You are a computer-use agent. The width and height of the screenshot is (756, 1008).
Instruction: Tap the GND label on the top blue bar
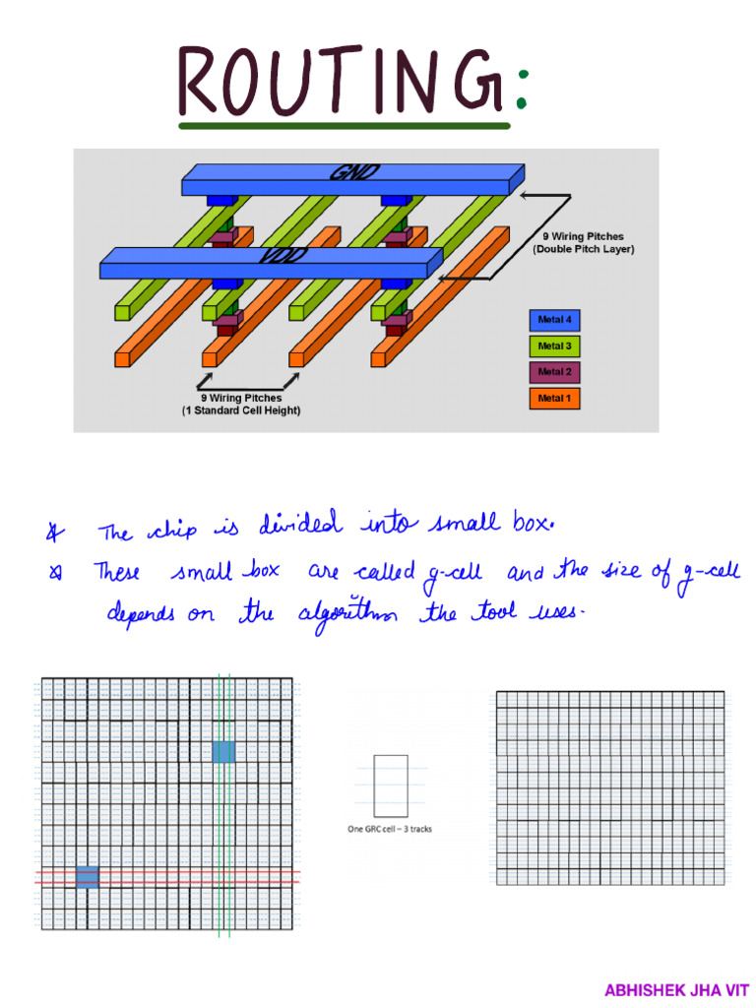tap(352, 174)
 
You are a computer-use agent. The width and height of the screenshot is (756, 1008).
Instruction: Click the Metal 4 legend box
tap(553, 320)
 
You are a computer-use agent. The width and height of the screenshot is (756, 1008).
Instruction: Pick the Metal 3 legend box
tap(553, 346)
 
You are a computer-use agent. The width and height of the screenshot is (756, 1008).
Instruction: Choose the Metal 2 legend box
tap(553, 372)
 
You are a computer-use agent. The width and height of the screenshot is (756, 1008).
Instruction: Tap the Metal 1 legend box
tap(553, 399)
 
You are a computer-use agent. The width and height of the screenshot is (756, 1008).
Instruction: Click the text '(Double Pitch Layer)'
tap(584, 250)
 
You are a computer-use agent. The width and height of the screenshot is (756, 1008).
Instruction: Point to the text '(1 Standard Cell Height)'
tap(241, 410)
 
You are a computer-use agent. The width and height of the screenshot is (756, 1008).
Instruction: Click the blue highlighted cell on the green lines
tap(223, 752)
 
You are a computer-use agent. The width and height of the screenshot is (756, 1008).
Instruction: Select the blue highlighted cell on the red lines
tap(88, 877)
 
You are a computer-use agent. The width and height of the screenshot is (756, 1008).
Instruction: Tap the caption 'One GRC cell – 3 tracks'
tap(390, 829)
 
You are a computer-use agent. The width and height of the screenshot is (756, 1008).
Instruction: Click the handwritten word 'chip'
tap(171, 532)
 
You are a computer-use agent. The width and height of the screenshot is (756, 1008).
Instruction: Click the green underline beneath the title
tap(345, 126)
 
